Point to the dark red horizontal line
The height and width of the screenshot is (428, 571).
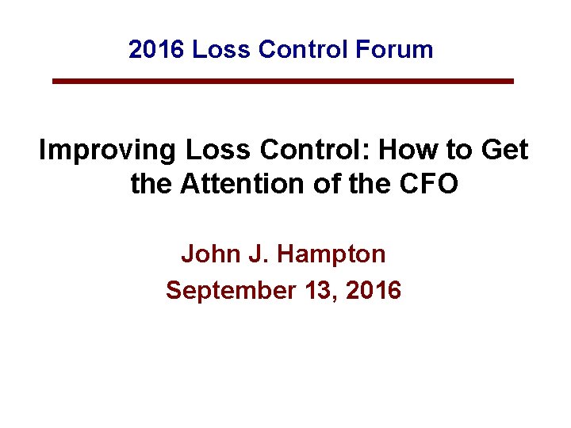click(283, 81)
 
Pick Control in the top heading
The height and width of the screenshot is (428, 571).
click(303, 50)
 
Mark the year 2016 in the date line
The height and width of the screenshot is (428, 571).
click(373, 291)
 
